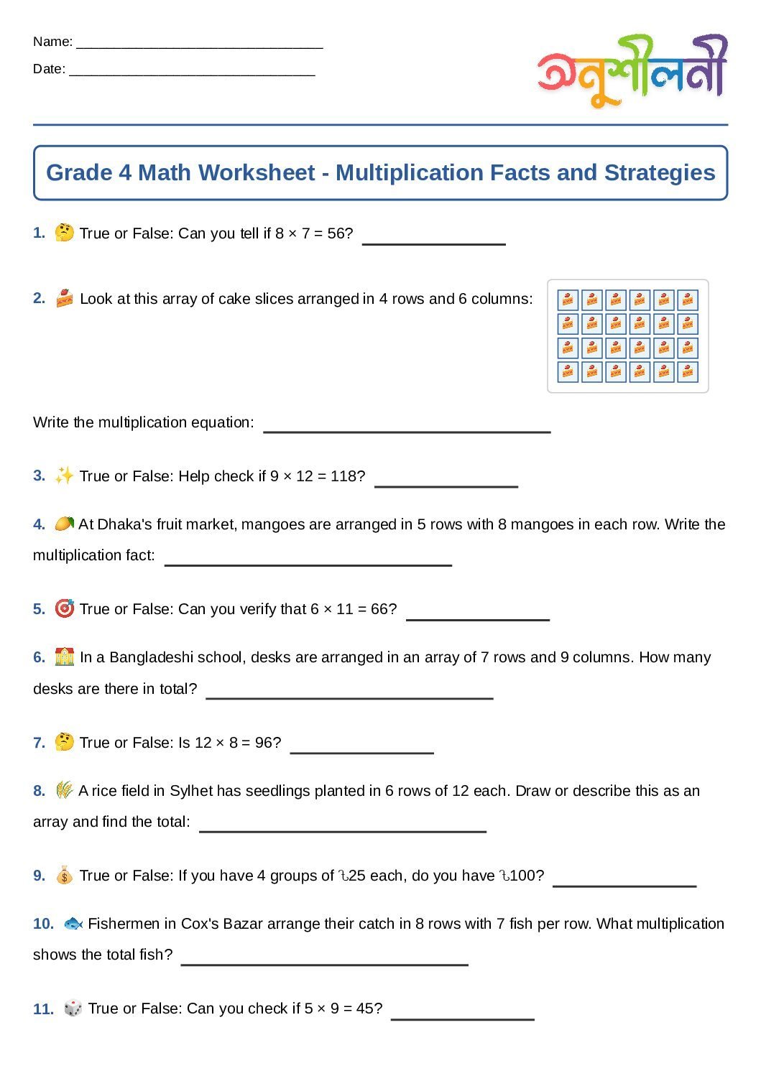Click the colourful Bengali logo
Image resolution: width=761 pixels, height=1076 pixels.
(632, 70)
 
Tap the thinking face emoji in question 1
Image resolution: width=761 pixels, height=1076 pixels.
(64, 233)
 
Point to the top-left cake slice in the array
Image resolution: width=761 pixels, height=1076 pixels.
(568, 300)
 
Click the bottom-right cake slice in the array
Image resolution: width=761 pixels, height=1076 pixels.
(688, 371)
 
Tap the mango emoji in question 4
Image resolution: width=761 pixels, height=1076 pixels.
(64, 524)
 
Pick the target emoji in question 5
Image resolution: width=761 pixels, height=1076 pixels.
(64, 609)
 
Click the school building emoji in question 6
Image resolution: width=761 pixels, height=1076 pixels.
(64, 657)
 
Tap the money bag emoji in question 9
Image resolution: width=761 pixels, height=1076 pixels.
(64, 876)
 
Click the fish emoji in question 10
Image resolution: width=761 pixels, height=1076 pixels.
(73, 924)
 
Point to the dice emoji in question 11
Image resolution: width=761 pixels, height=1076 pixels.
(73, 1008)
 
